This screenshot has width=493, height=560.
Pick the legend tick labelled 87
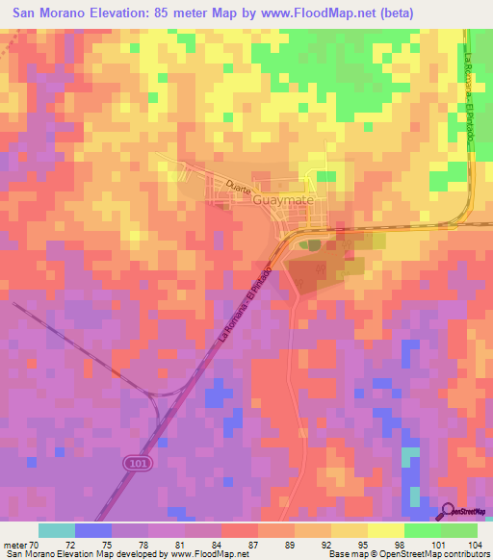[253, 544]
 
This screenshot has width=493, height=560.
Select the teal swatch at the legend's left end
[56, 530]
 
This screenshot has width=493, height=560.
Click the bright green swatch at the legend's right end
[459, 530]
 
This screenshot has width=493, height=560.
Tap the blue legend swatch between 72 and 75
[92, 530]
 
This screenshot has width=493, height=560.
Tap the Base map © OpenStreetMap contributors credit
[406, 554]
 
